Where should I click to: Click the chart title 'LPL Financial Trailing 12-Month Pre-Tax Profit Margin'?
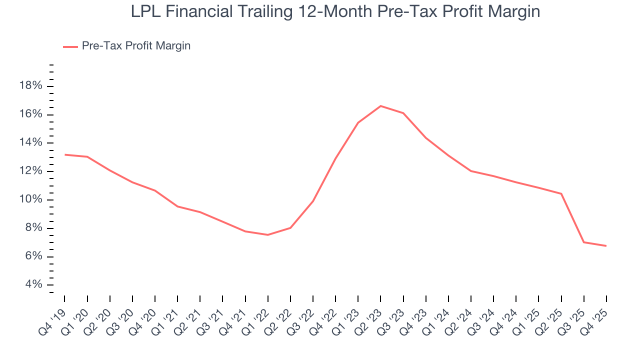point(335,11)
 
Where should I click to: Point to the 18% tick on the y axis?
point(30,86)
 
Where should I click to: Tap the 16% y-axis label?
point(30,114)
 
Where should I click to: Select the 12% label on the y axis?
point(30,171)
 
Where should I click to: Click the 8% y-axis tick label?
point(33,228)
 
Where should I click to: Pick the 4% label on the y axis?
point(33,285)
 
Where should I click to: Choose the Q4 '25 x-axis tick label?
point(597,316)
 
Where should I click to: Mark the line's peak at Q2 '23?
point(380,106)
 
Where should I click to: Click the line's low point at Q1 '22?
point(268,235)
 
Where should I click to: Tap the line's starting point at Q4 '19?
point(65,154)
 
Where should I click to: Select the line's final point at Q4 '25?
point(606,245)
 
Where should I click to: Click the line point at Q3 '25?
point(583,242)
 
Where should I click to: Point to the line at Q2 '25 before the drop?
point(561,193)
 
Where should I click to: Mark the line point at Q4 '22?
point(335,158)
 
